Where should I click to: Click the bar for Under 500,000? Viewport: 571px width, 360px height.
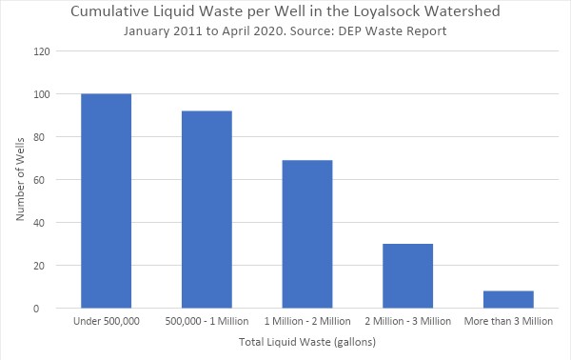(x=106, y=201)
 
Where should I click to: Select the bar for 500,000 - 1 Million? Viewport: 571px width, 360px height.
(x=207, y=210)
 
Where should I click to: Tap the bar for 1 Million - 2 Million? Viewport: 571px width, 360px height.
(x=307, y=234)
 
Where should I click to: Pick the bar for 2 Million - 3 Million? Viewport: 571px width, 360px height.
(x=407, y=276)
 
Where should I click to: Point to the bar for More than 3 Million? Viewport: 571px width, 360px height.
(x=508, y=299)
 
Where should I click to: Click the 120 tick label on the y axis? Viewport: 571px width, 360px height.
(x=42, y=51)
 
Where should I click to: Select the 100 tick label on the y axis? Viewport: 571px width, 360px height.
(x=42, y=94)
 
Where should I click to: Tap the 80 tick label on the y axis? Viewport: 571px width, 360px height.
(x=45, y=137)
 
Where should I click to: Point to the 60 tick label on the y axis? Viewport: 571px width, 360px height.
(x=45, y=180)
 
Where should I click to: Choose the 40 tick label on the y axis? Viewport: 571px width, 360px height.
(x=45, y=223)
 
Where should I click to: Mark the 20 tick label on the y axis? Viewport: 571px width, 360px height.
(x=45, y=266)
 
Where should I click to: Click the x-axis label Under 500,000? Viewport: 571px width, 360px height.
(x=106, y=321)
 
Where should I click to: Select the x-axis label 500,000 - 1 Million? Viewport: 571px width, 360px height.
(x=207, y=321)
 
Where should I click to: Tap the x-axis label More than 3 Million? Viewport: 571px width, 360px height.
(x=508, y=321)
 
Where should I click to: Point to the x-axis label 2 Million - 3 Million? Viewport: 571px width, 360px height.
(x=407, y=321)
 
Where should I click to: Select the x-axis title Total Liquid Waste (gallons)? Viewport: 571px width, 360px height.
(x=307, y=342)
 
